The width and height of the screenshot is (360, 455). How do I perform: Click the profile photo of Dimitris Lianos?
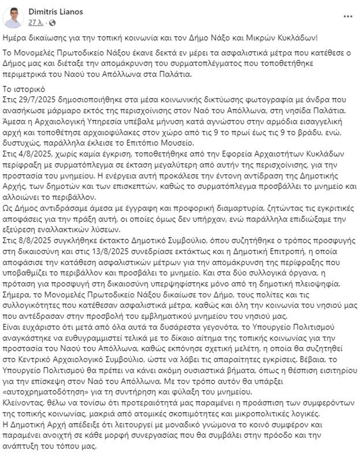tap(13, 17)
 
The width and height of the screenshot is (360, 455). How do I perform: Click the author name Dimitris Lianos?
tap(56, 12)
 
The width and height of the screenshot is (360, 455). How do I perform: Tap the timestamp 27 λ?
tap(36, 23)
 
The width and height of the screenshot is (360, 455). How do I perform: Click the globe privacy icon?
tap(52, 23)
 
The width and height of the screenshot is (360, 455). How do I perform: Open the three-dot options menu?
tap(348, 17)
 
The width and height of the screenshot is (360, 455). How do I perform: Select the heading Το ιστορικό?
tap(24, 89)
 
